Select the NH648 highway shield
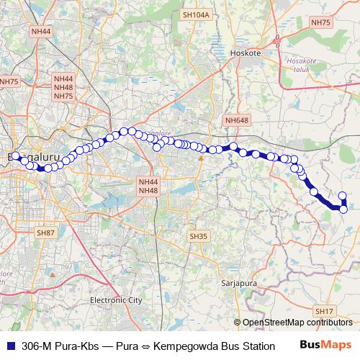tap(236, 120)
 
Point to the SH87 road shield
tap(45, 233)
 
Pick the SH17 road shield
tap(324, 311)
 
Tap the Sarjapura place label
tap(240, 284)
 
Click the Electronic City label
tap(116, 300)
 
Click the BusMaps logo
tap(325, 345)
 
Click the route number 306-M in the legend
tap(39, 346)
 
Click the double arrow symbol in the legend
tap(145, 346)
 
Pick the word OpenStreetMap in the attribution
tap(274, 322)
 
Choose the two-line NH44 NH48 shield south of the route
tap(148, 186)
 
